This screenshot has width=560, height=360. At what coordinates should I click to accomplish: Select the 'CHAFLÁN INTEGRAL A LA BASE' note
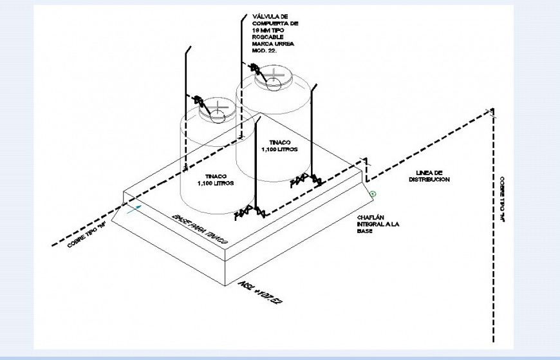click(378, 224)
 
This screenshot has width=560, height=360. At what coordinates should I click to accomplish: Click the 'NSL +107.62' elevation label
click(261, 290)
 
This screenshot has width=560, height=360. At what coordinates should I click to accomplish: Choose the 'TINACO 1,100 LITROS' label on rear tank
click(279, 146)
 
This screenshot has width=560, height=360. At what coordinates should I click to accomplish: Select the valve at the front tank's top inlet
click(198, 102)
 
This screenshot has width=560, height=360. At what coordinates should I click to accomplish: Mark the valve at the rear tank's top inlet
click(255, 68)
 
